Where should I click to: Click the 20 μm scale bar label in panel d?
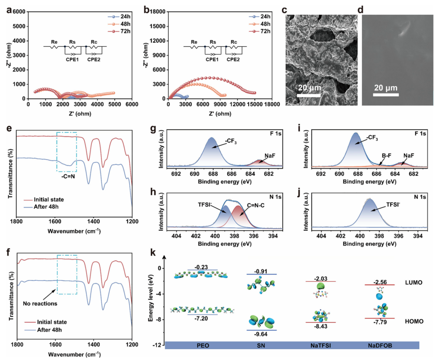pyautogui.click(x=386, y=87)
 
